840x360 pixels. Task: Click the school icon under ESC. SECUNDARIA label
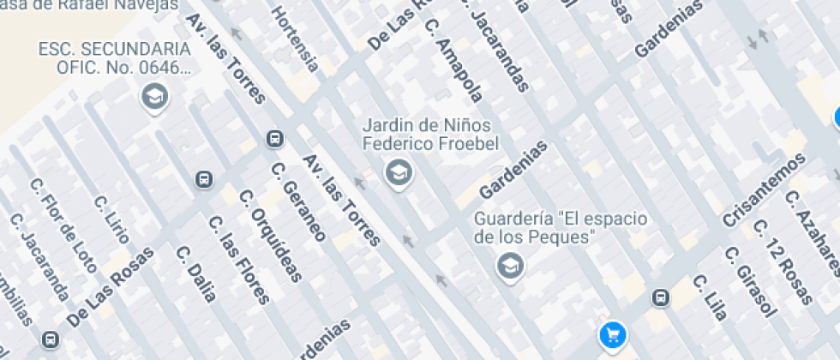point(154,97)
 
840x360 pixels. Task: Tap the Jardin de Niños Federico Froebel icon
point(398,173)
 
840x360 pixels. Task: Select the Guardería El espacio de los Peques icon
point(510,265)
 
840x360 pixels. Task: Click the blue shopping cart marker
point(612,334)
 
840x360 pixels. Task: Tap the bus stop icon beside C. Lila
point(660,297)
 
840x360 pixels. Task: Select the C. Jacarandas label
point(500,51)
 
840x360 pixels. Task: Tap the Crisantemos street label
point(765,190)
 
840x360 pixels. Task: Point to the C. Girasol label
point(748,283)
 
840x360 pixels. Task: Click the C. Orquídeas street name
point(272,235)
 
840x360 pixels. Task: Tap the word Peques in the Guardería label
point(564,237)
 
